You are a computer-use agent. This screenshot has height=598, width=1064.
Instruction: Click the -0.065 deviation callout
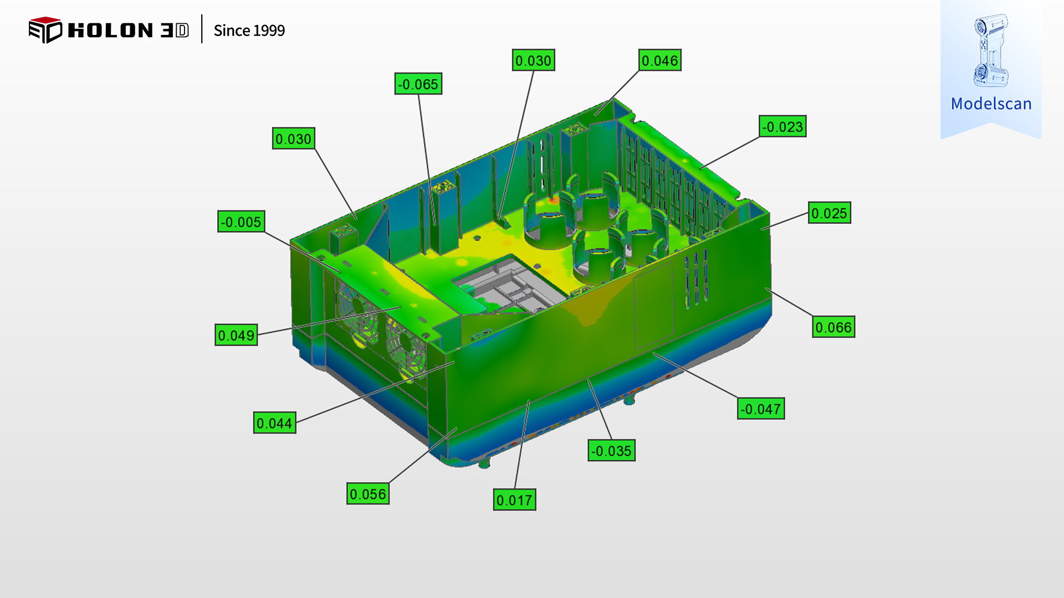418,84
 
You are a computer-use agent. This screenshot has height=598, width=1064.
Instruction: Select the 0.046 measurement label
660,60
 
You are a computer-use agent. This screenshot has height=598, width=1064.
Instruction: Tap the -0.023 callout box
782,127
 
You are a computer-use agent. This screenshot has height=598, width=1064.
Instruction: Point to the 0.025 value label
830,213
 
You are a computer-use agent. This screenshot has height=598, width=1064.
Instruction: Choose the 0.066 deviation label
833,327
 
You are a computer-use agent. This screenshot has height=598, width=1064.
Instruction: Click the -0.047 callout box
761,409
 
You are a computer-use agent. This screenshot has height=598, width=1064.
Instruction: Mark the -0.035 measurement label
611,451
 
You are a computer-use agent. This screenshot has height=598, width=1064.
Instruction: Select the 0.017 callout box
515,500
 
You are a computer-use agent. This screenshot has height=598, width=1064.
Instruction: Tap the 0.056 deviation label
368,494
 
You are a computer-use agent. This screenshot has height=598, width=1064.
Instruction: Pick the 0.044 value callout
275,423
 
